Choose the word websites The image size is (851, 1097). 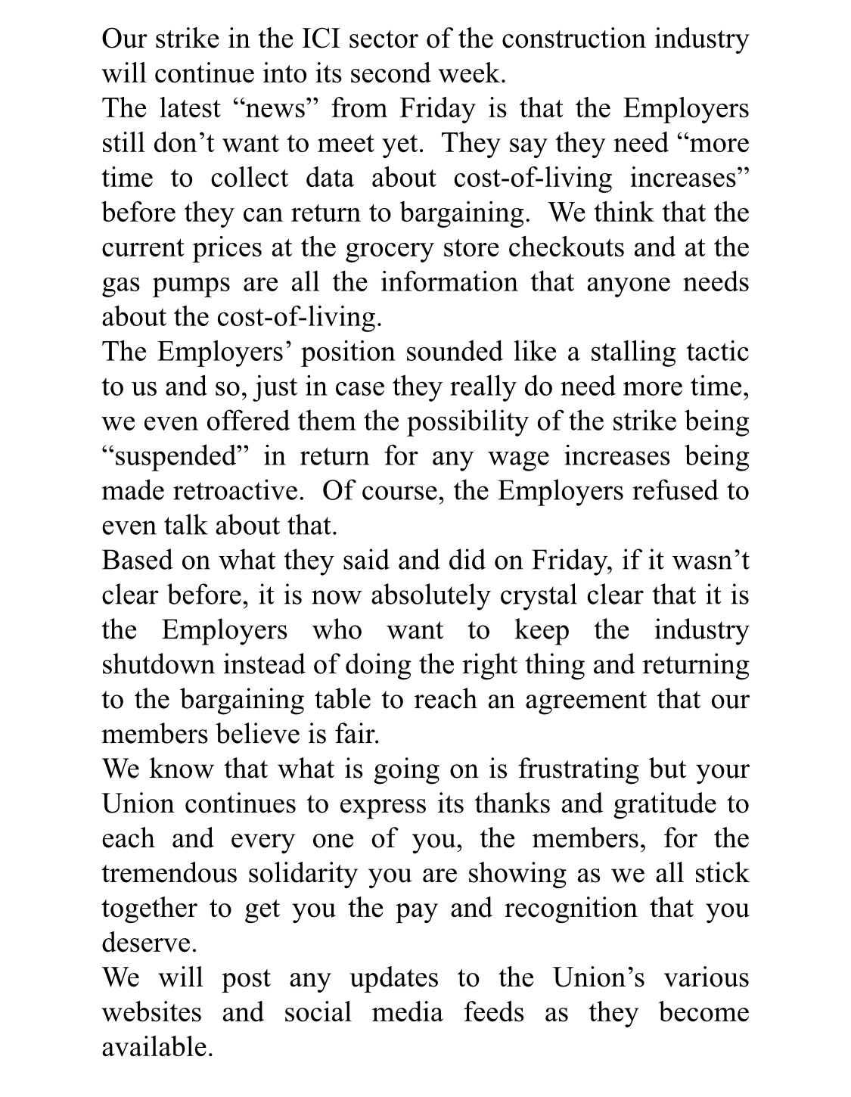pyautogui.click(x=152, y=1012)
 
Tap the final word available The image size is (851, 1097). pyautogui.click(x=157, y=1047)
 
